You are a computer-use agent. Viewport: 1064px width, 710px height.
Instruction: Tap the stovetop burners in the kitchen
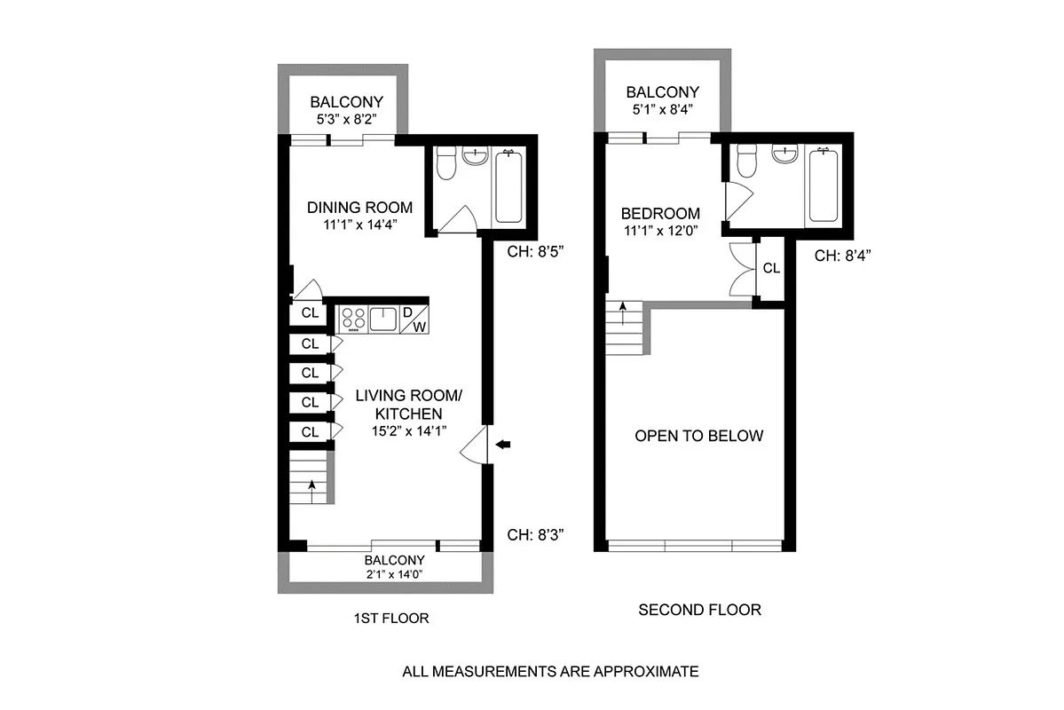pos(353,318)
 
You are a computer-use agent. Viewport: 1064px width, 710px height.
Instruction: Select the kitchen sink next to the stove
pos(383,318)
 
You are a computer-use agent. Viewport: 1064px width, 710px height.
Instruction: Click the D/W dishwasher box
pos(414,319)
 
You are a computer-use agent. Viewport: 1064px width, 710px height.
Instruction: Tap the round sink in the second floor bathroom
pos(784,154)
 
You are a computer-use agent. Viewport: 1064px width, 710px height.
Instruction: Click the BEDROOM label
pos(660,214)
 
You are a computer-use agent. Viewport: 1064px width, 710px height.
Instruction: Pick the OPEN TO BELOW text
pos(698,436)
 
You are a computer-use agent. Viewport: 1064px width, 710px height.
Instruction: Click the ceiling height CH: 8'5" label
pos(535,251)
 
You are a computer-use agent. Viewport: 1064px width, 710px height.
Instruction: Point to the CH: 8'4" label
pos(844,256)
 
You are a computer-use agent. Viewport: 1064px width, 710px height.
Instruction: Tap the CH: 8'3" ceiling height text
pos(535,534)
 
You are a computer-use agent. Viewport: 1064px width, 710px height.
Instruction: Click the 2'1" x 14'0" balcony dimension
pos(394,574)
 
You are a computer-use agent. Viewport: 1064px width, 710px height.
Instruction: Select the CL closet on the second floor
pos(771,268)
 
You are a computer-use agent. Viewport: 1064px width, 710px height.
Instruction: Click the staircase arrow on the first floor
pos(311,485)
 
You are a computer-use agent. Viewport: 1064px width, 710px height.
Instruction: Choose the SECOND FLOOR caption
pos(699,610)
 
